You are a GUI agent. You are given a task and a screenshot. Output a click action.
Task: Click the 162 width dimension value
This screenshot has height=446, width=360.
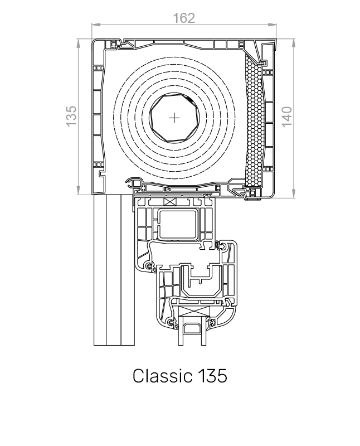tap(183, 18)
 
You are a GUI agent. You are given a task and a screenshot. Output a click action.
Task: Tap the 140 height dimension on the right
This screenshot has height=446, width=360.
tap(286, 117)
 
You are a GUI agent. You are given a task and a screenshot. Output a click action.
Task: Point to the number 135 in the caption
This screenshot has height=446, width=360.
tap(212, 376)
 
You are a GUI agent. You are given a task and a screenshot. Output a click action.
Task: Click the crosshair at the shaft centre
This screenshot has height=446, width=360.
tap(175, 118)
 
